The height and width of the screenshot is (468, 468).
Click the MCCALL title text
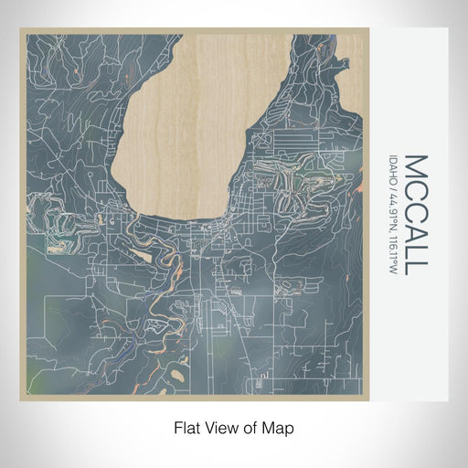click(414, 215)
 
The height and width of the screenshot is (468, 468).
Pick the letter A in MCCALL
click(414, 230)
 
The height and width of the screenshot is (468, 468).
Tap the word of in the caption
click(252, 427)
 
